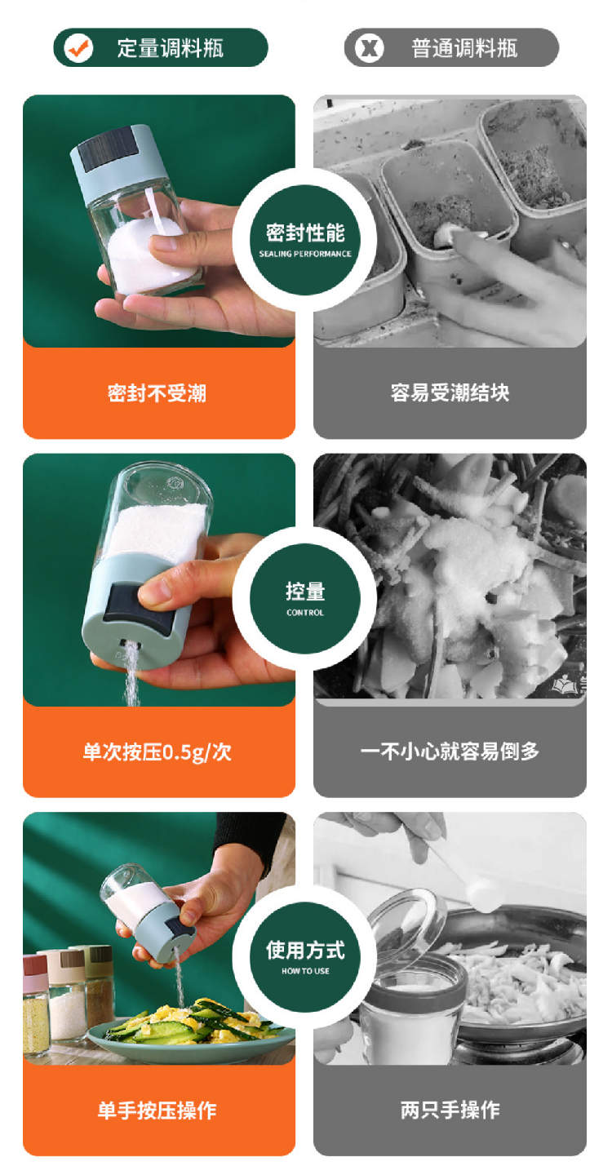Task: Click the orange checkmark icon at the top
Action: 78,47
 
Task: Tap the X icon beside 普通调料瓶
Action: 369,47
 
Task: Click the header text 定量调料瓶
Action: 171,48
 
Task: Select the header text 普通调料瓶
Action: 464,48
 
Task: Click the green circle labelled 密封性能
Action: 304,239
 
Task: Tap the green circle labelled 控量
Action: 304,598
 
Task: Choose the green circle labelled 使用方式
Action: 304,957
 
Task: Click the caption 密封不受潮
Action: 157,393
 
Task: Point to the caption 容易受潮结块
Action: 450,392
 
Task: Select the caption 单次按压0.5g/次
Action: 157,752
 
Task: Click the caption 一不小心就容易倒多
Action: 450,752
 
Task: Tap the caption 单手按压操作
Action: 157,1110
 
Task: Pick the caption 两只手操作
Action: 450,1110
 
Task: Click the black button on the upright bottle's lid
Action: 108,149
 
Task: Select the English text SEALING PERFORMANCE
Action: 304,254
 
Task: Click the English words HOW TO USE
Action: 305,971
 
